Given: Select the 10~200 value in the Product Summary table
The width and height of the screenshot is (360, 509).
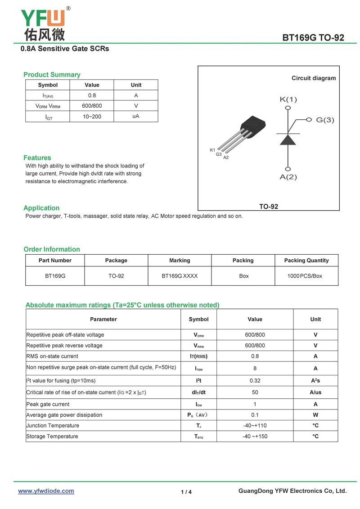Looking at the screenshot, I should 92,117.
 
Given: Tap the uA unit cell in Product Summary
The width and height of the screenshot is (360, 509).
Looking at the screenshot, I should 136,116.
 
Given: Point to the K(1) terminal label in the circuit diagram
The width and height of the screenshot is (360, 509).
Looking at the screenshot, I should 288,99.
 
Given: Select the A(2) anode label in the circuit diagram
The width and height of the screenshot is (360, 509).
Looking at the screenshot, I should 288,177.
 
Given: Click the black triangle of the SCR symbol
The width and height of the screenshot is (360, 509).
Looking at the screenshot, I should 288,140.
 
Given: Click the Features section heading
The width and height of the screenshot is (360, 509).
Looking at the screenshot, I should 37,158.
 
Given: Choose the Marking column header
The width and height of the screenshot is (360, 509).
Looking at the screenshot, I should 180,261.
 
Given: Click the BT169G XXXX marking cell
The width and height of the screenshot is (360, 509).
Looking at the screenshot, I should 180,276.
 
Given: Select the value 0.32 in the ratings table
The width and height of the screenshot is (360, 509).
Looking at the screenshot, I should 255,381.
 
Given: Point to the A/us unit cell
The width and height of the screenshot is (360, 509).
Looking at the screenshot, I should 315,392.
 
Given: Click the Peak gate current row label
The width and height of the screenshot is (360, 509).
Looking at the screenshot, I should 48,404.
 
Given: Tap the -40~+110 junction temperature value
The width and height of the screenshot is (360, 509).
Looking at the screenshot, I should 255,426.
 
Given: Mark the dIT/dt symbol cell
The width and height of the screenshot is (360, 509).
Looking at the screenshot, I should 198,392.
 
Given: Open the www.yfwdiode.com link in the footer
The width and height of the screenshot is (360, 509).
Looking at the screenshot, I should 46,491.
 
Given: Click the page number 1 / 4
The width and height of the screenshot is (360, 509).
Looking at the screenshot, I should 186,492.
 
